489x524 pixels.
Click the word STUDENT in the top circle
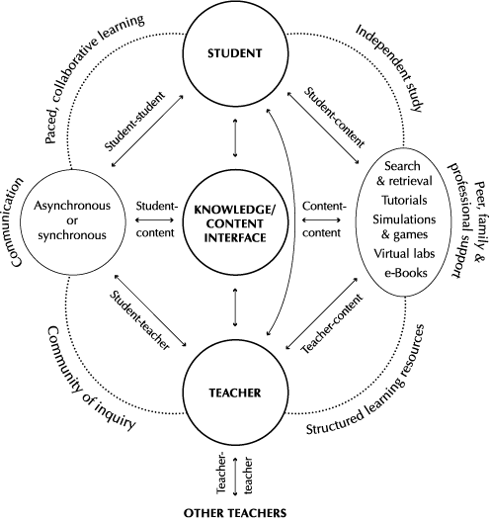click(x=235, y=53)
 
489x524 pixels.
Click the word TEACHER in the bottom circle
click(x=235, y=393)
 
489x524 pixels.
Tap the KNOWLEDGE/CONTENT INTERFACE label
click(x=235, y=223)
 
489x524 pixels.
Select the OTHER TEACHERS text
click(x=235, y=513)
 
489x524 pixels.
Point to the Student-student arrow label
click(x=135, y=121)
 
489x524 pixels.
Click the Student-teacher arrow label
click(x=140, y=320)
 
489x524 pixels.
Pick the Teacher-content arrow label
click(x=332, y=324)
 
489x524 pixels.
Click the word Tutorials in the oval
click(x=404, y=200)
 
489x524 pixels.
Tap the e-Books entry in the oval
click(x=406, y=273)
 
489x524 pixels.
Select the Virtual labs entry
click(x=404, y=253)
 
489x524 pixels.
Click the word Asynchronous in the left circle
click(x=72, y=206)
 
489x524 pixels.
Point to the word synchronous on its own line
click(x=72, y=235)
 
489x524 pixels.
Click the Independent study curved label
click(x=390, y=68)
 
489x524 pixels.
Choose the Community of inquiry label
click(x=90, y=379)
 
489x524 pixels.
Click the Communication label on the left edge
click(x=18, y=222)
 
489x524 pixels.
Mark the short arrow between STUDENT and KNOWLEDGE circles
click(x=235, y=137)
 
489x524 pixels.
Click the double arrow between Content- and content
click(x=321, y=219)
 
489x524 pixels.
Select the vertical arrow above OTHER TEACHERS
click(x=235, y=477)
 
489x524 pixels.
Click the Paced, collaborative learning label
click(x=95, y=79)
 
